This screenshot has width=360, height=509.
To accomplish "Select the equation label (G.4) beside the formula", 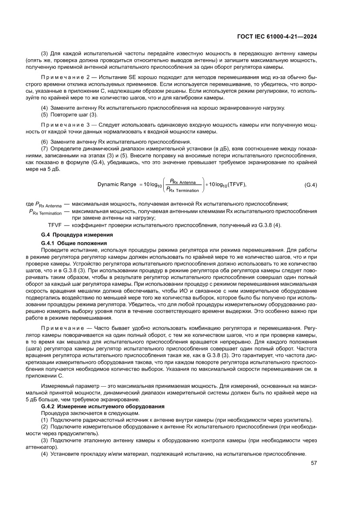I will pyautogui.click(x=310, y=185).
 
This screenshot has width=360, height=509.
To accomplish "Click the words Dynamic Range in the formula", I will pyautogui.click(x=117, y=185).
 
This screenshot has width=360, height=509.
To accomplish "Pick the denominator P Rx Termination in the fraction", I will pyautogui.click(x=183, y=190).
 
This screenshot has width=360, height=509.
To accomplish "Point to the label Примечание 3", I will pyautogui.click(x=65, y=125).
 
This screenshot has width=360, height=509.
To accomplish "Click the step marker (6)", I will pyautogui.click(x=44, y=142).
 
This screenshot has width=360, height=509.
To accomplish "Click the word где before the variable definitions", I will pyautogui.click(x=30, y=204).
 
